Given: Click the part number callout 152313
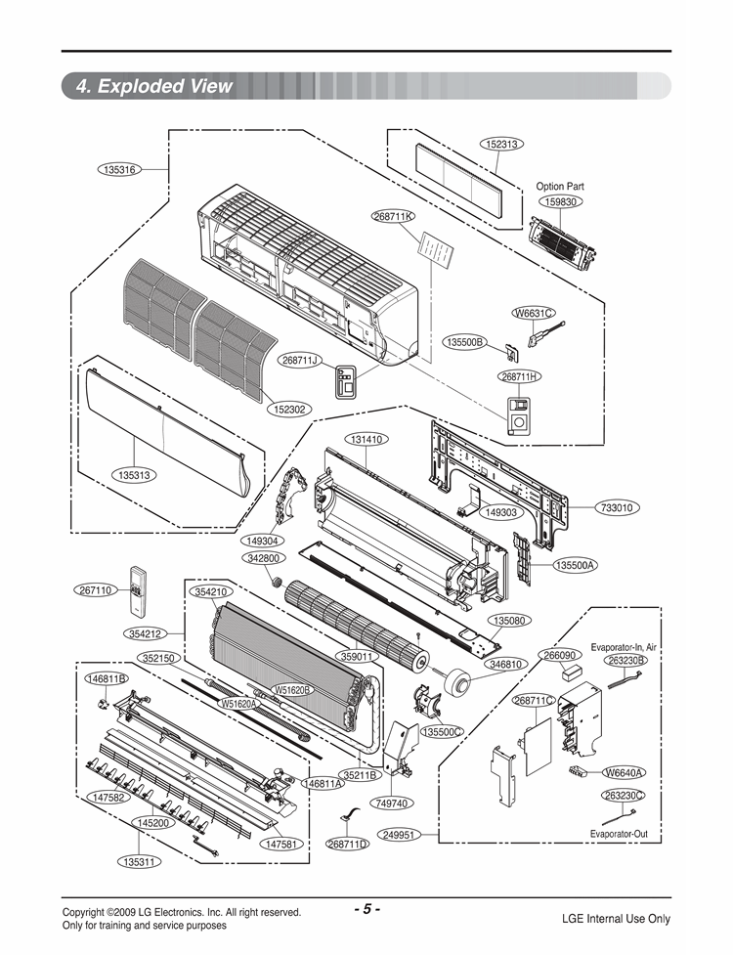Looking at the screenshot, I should click(x=501, y=144).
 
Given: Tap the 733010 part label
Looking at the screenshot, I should click(x=617, y=508).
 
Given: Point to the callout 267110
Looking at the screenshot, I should click(x=96, y=590).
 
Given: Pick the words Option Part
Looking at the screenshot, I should click(x=560, y=186).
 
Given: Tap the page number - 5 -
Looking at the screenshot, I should click(x=366, y=909).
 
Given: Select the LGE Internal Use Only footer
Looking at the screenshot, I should click(x=616, y=919).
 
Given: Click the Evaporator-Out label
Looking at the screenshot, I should click(x=619, y=834).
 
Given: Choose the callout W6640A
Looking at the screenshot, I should click(x=624, y=773).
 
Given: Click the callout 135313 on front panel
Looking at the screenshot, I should click(x=134, y=475).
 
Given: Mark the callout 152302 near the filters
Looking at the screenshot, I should click(x=291, y=409).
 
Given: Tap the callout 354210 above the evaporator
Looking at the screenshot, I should click(x=211, y=592).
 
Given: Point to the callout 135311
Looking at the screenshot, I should click(x=141, y=863).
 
